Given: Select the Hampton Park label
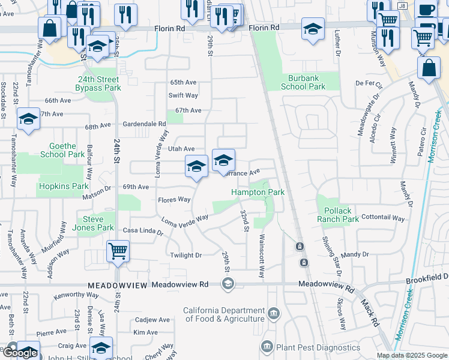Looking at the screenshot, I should coord(258,192).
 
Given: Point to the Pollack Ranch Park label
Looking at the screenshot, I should coord(341,215).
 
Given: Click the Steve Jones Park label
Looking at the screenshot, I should coord(98,223).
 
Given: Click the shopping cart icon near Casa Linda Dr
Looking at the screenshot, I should coord(118,250).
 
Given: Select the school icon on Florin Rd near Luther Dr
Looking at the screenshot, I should coord(312,29).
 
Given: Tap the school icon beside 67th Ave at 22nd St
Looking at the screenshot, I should coord(28,119).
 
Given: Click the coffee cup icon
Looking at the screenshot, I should coord(426,10).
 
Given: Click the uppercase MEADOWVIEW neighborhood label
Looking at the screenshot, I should coord(116,286).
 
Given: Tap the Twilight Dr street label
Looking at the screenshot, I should coord(185,255).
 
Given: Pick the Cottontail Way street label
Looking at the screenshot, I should coord(384,218).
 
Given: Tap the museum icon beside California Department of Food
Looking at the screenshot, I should coord(274,313).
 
